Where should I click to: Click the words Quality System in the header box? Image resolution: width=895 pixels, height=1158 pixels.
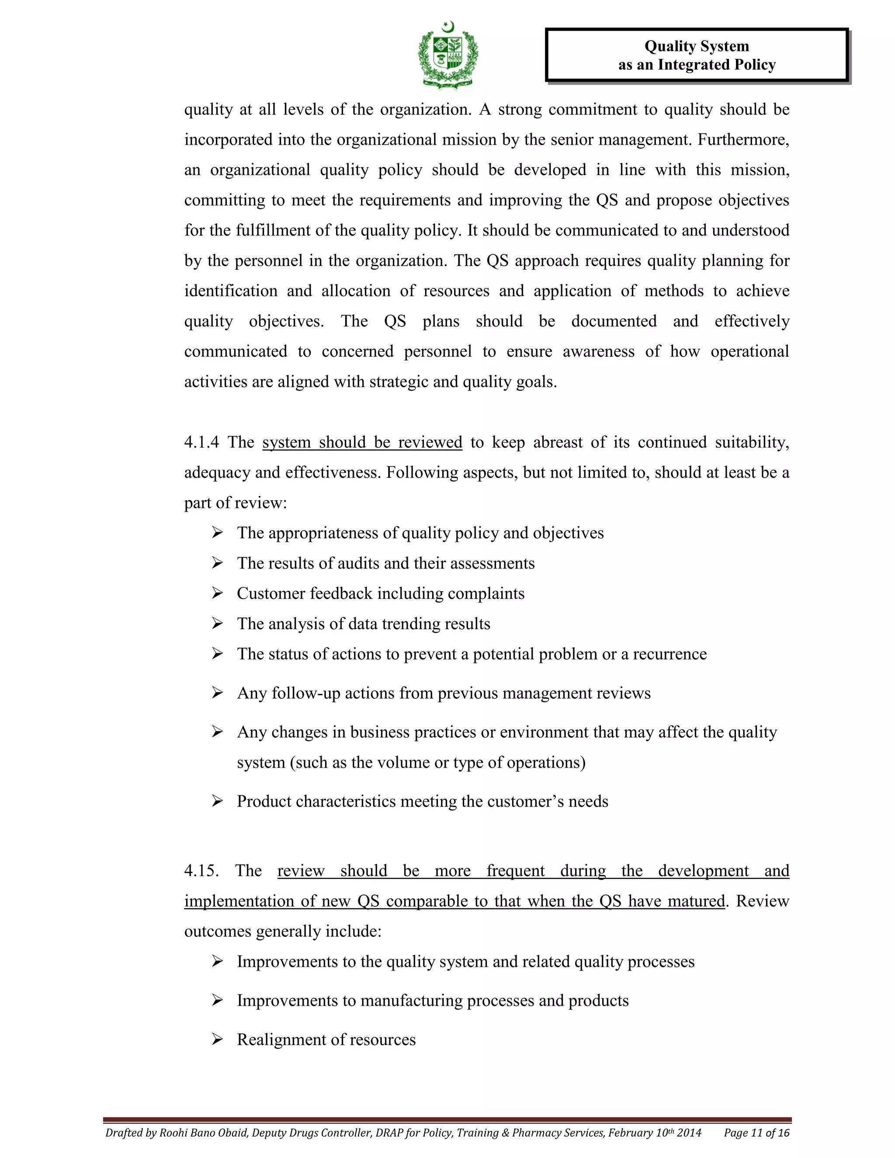click(x=696, y=46)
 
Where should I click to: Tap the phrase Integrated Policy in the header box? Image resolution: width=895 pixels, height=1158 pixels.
click(x=716, y=65)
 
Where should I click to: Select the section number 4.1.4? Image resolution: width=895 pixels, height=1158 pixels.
click(x=201, y=442)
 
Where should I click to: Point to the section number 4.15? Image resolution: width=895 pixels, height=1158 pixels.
click(x=201, y=870)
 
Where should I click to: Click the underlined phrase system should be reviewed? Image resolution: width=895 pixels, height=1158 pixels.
click(x=362, y=442)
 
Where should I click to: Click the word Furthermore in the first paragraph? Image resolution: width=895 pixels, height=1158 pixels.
click(x=742, y=139)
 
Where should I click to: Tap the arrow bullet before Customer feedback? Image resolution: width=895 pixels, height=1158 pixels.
click(x=217, y=593)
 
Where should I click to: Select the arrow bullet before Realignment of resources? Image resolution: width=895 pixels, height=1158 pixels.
click(x=217, y=1040)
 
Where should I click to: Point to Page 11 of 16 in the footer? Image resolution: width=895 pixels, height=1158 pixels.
click(x=756, y=1133)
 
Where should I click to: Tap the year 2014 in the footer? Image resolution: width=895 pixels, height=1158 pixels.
click(x=689, y=1133)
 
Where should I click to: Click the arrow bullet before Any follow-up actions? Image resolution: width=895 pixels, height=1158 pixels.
click(x=217, y=693)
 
